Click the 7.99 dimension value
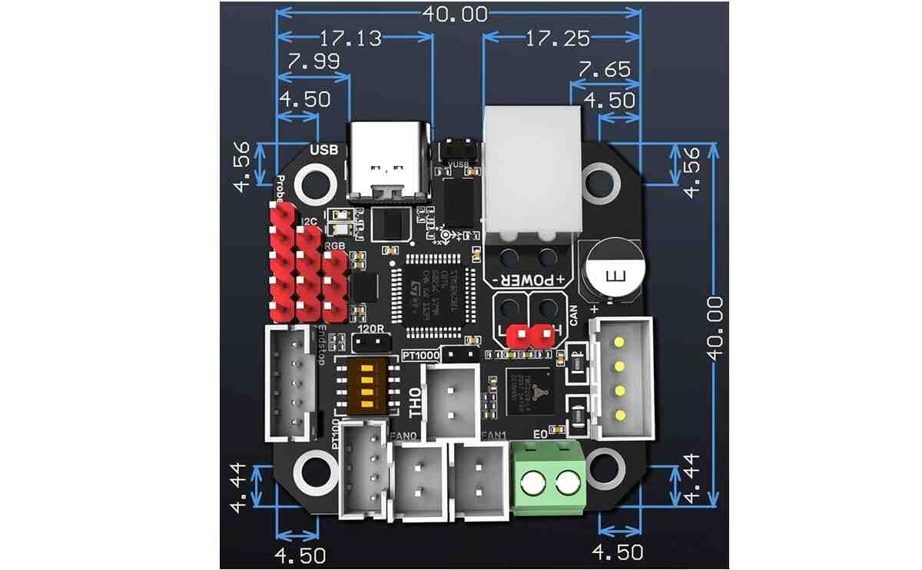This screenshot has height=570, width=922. click(312, 62)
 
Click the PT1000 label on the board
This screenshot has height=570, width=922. click(421, 355)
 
